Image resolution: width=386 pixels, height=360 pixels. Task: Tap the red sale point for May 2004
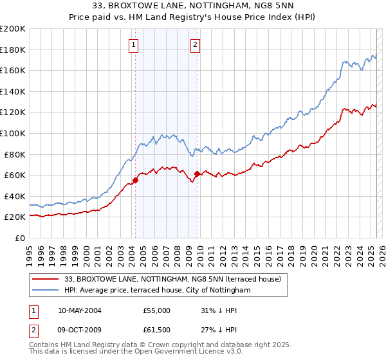pos(136,180)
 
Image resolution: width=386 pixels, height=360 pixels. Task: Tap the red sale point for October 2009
pos(197,174)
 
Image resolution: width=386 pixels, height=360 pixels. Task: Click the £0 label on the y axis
pos(21,238)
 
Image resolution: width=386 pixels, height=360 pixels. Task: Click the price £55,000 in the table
pos(156,310)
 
